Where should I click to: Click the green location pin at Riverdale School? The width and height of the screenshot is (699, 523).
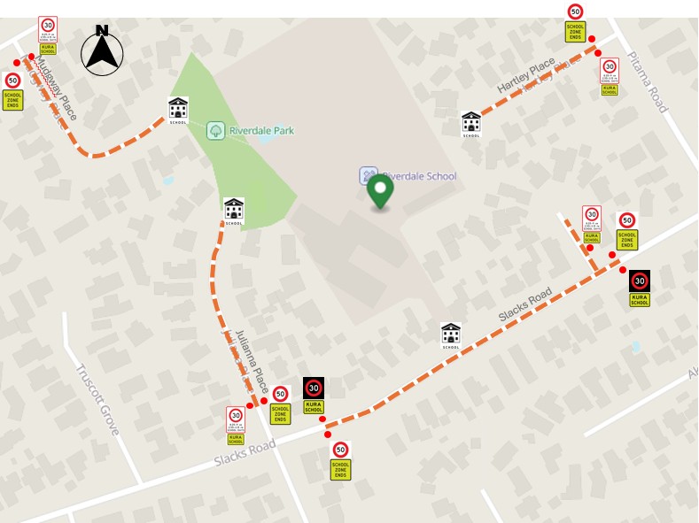click(380, 190)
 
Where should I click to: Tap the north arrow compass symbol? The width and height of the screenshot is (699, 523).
click(102, 50)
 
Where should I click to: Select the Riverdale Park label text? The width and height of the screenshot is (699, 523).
click(261, 130)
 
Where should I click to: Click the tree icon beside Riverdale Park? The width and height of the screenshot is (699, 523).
click(215, 131)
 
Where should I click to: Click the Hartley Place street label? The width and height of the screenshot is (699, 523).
click(526, 75)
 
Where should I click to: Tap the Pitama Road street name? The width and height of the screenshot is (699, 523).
click(647, 81)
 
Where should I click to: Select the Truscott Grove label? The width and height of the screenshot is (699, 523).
click(97, 399)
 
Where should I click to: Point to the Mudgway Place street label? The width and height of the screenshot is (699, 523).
click(56, 88)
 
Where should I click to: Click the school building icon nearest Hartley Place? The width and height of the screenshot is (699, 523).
click(470, 124)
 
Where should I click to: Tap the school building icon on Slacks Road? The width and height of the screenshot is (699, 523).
click(451, 335)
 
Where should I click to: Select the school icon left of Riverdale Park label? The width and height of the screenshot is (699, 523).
click(178, 110)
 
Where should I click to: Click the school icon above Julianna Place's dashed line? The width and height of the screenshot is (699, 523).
click(234, 211)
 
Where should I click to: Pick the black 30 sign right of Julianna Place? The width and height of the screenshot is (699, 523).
click(314, 395)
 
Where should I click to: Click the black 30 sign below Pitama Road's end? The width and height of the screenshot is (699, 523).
click(640, 288)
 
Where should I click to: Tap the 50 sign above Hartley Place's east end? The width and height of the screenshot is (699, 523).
click(575, 22)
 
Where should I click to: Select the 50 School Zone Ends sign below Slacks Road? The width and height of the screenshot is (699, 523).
click(340, 460)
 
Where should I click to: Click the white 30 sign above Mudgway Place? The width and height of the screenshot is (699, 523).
click(48, 35)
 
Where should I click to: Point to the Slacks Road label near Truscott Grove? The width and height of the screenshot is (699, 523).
click(245, 453)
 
